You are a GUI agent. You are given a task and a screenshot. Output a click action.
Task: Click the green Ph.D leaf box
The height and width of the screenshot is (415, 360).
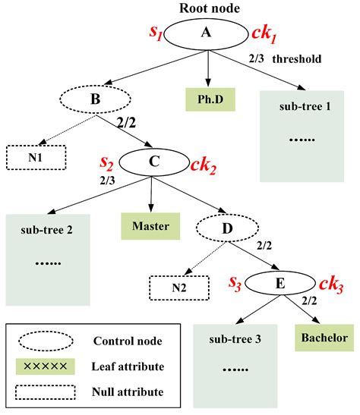coord(210,99)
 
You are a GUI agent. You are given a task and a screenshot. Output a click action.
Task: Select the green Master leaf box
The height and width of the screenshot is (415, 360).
coord(150,226)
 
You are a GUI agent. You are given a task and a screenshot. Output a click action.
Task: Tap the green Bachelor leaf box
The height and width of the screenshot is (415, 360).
coord(324,338)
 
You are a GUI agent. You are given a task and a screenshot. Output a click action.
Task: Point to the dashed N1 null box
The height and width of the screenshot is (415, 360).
coord(36,158)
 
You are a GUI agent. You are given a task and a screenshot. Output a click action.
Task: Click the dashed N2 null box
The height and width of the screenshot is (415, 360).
coord(179,288)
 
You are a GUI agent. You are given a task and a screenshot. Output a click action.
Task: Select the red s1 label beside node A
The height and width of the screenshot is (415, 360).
coord(156,33)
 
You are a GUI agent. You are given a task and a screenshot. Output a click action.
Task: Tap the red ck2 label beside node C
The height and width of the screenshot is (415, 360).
coord(204,166)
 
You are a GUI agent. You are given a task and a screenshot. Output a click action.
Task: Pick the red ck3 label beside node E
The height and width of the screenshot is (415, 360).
coord(331,285)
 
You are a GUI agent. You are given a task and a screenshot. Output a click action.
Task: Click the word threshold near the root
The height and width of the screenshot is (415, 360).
coord(297,58)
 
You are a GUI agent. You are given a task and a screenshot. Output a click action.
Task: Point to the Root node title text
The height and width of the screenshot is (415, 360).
coord(210,8)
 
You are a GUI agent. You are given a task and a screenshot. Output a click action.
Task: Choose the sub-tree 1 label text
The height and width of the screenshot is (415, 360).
coord(305,106)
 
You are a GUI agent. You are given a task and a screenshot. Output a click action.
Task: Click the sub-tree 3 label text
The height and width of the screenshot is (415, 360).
coord(235,339)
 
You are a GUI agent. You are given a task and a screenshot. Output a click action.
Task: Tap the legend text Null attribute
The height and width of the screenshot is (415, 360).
coord(128,391)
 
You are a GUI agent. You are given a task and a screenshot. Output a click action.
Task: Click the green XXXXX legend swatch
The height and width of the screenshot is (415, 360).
coord(46,366)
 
